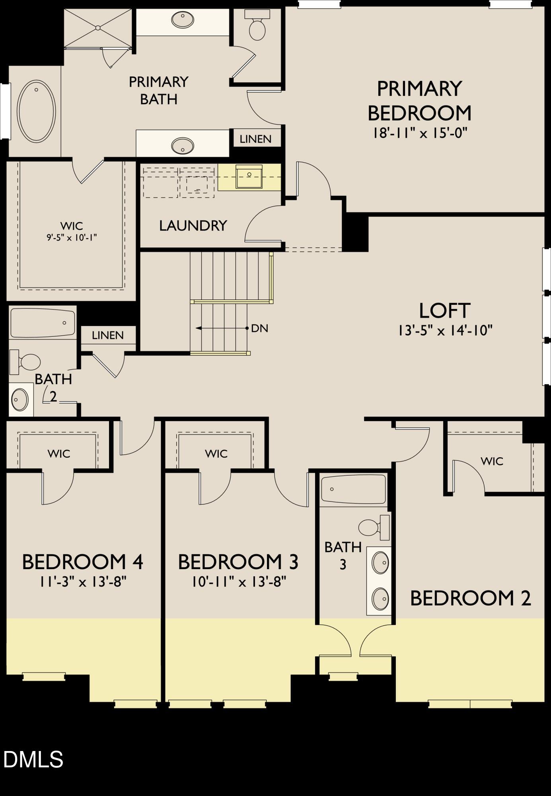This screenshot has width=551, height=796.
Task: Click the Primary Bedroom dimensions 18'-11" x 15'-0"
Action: click(419, 133)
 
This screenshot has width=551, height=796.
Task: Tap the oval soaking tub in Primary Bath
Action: click(37, 111)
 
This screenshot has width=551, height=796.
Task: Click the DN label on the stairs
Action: click(259, 328)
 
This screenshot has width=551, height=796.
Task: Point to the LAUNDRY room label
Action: click(193, 226)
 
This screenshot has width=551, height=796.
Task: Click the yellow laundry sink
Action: click(249, 177)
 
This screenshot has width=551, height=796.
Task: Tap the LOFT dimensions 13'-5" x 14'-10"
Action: click(445, 330)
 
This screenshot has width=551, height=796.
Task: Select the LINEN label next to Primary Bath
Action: click(255, 139)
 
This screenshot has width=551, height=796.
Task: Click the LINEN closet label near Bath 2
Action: click(107, 335)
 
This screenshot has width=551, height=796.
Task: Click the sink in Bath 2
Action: click(20, 400)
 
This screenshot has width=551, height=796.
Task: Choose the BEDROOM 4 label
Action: click(82, 562)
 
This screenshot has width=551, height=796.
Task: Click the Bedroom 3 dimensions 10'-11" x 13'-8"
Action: click(238, 582)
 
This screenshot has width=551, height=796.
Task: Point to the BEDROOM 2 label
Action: click(470, 598)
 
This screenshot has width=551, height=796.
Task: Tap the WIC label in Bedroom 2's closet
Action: click(492, 461)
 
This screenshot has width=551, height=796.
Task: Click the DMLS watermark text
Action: click(33, 759)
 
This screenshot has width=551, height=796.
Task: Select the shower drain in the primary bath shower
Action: click(97, 27)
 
